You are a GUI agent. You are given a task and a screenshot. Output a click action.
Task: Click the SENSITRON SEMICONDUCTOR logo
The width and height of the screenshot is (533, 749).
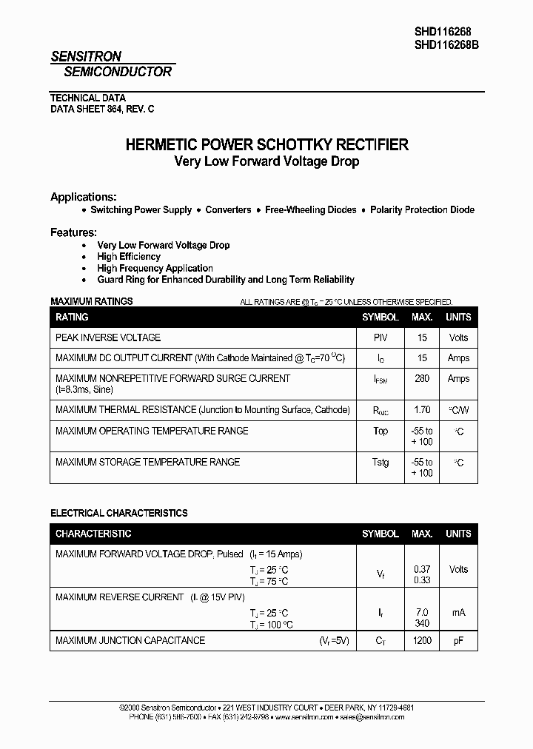point(111,64)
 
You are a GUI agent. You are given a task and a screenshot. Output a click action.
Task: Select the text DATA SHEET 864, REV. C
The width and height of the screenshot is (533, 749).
point(102,109)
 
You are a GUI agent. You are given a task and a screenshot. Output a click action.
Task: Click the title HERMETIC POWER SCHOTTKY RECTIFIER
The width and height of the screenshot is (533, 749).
point(266,145)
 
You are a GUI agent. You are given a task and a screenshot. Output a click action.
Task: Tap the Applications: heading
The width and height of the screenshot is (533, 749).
point(83,197)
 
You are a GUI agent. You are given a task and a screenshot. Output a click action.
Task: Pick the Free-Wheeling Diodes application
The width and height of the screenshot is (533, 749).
point(310,210)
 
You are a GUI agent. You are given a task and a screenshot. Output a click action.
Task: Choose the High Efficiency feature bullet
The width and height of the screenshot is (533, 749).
point(129,257)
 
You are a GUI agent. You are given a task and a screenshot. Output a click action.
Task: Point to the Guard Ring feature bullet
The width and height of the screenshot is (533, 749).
point(226,280)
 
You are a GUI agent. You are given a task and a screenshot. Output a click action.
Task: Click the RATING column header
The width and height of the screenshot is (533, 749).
point(72,317)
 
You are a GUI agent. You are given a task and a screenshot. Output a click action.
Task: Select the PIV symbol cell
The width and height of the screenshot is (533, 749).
point(381,337)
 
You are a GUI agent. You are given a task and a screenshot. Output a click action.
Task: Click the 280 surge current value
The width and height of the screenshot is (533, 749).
point(422,378)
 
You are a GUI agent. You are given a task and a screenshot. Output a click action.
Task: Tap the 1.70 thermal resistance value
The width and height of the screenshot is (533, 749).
point(422,409)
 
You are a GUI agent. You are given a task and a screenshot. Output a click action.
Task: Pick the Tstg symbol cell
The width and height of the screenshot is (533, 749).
point(381,462)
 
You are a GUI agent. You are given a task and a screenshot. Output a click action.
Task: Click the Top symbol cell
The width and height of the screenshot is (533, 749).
point(381,431)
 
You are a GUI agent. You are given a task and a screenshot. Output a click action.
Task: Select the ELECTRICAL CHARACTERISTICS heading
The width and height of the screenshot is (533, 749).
point(118,513)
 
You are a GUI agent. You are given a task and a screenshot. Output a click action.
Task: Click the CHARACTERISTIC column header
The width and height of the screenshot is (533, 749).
point(93,534)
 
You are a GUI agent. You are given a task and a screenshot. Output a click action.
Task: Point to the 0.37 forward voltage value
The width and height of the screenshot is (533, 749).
point(422,569)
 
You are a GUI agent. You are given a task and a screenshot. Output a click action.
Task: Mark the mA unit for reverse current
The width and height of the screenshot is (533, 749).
point(458,612)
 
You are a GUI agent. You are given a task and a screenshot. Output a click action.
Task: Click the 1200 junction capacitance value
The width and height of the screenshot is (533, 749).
point(422,640)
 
